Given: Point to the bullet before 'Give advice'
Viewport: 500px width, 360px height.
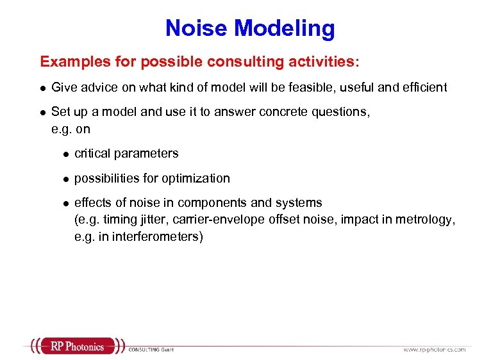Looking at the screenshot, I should [42, 88].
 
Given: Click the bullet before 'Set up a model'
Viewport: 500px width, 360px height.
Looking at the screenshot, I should [42, 112].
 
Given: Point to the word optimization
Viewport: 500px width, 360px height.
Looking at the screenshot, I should [196, 178].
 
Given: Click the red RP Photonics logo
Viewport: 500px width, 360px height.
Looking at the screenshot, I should [76, 347].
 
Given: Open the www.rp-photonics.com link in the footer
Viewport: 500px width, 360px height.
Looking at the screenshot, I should [434, 349].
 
